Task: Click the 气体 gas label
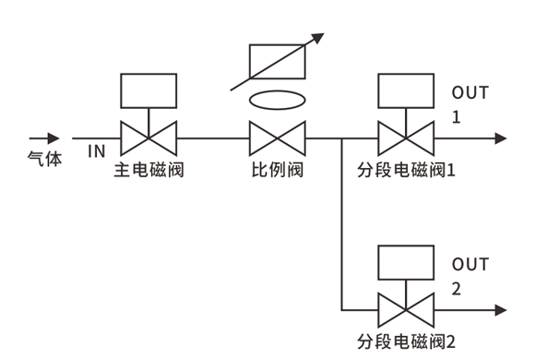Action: (x=44, y=159)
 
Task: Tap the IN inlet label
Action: (x=97, y=151)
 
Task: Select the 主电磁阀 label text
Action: (x=149, y=170)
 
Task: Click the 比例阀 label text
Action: (x=278, y=170)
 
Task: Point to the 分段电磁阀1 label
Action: (x=406, y=170)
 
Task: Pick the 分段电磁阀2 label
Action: (x=406, y=342)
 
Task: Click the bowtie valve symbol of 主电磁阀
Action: (x=149, y=138)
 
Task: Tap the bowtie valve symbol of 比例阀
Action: (x=278, y=138)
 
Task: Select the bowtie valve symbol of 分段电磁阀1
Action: (x=406, y=138)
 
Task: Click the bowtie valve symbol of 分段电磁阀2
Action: (x=406, y=310)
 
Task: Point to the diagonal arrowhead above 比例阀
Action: (x=318, y=38)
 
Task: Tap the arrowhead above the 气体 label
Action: (x=53, y=138)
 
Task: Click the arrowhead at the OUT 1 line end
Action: (x=501, y=138)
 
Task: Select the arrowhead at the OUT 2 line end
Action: (x=501, y=310)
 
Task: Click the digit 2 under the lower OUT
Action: (x=457, y=289)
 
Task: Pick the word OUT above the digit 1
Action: (x=470, y=92)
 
